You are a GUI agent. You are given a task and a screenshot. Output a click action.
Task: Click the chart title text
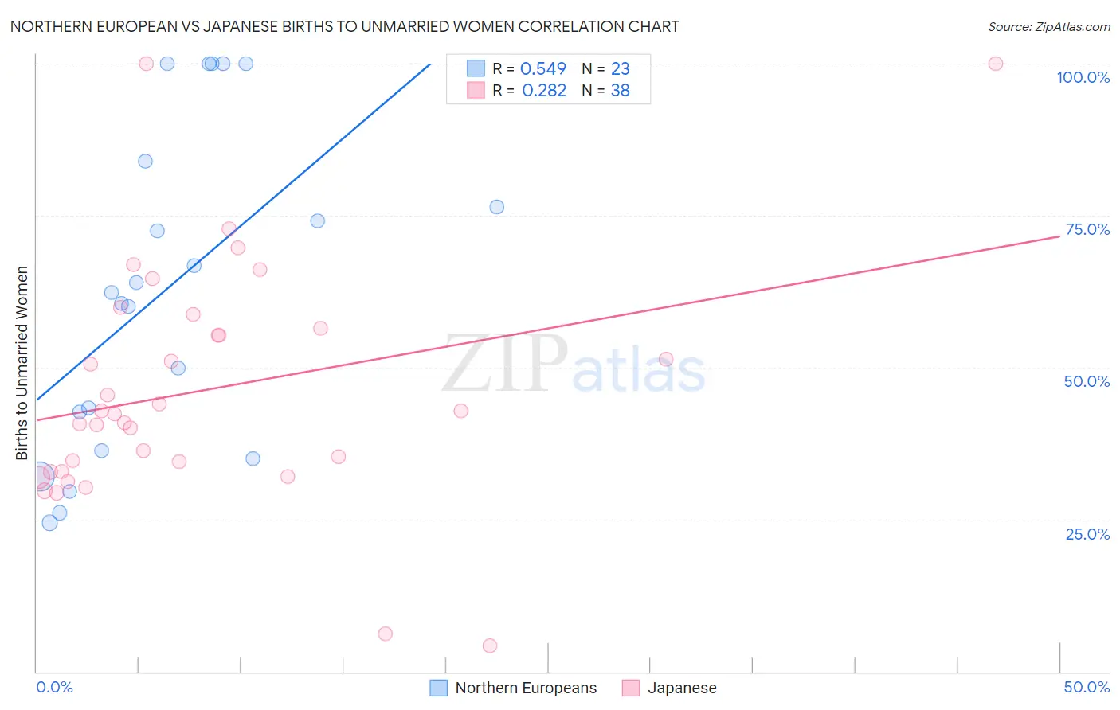[344, 26]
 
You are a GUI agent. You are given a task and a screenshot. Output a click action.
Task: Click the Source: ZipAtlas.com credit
[1048, 26]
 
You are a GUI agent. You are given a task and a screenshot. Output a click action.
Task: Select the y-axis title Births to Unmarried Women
[22, 363]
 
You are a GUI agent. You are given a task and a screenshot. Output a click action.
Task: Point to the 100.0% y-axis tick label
[1083, 77]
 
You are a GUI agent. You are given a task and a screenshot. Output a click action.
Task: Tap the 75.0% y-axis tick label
[1087, 229]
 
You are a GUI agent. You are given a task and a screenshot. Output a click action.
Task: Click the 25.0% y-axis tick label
[1087, 534]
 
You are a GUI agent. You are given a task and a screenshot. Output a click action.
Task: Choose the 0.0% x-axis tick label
[54, 687]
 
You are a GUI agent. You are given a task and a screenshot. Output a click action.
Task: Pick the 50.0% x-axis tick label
[1087, 687]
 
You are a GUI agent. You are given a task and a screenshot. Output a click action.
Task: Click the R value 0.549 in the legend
[543, 69]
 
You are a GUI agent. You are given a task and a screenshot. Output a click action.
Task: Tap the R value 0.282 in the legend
[544, 91]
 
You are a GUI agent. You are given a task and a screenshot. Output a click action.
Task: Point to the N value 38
[620, 91]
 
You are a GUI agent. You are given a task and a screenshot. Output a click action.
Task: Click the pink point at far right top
[995, 64]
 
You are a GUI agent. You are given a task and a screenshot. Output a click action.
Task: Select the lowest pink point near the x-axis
[490, 646]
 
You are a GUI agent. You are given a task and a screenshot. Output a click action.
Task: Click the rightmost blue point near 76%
[496, 207]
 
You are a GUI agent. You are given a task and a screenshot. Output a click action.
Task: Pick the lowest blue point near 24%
[49, 523]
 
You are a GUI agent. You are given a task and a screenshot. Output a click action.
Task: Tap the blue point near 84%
[145, 161]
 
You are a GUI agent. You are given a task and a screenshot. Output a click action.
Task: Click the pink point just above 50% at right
[666, 359]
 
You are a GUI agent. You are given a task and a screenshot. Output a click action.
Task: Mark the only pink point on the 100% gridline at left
[146, 64]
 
